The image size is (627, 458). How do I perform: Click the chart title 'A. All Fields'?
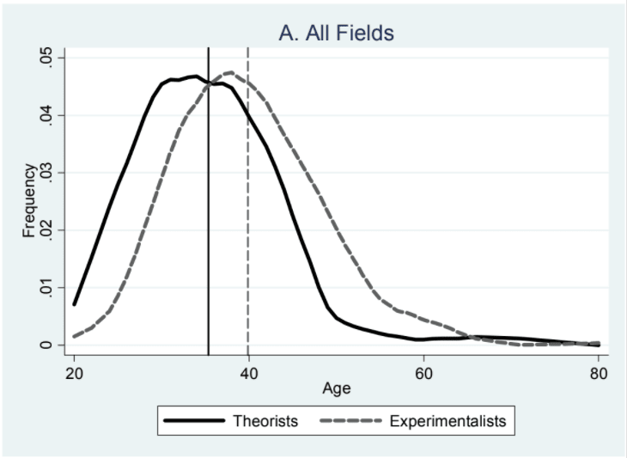(x=336, y=34)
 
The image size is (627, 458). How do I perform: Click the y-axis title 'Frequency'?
(x=29, y=201)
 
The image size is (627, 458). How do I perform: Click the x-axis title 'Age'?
(x=336, y=388)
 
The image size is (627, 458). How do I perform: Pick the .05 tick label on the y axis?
(x=46, y=58)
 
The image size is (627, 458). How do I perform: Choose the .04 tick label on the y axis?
(x=46, y=116)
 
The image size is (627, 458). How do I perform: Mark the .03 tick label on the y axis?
(x=46, y=173)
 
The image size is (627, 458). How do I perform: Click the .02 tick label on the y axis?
(x=46, y=230)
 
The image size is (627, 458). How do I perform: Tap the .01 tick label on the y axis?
(x=46, y=288)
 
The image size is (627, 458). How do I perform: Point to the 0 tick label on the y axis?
(x=46, y=345)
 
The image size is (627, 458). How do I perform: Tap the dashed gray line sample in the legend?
(x=351, y=421)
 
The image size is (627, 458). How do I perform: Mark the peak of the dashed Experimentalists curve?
(x=230, y=73)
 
